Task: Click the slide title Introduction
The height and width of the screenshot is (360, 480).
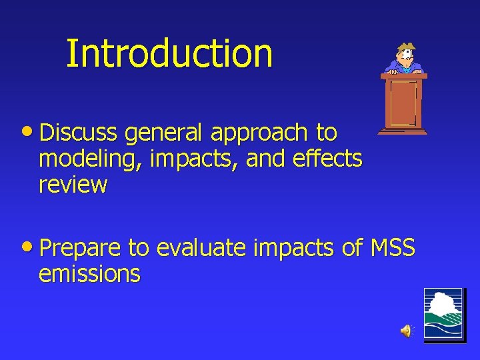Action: [169, 53]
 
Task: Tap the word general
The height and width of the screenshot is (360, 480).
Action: [164, 133]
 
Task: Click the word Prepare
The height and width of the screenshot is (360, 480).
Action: [80, 249]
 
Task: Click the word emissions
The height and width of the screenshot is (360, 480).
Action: [90, 273]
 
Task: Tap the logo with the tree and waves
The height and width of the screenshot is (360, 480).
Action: [443, 315]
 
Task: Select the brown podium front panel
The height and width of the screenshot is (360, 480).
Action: [403, 103]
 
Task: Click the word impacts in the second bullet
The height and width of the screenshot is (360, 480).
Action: [293, 249]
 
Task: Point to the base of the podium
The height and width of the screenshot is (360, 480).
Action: [403, 131]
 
